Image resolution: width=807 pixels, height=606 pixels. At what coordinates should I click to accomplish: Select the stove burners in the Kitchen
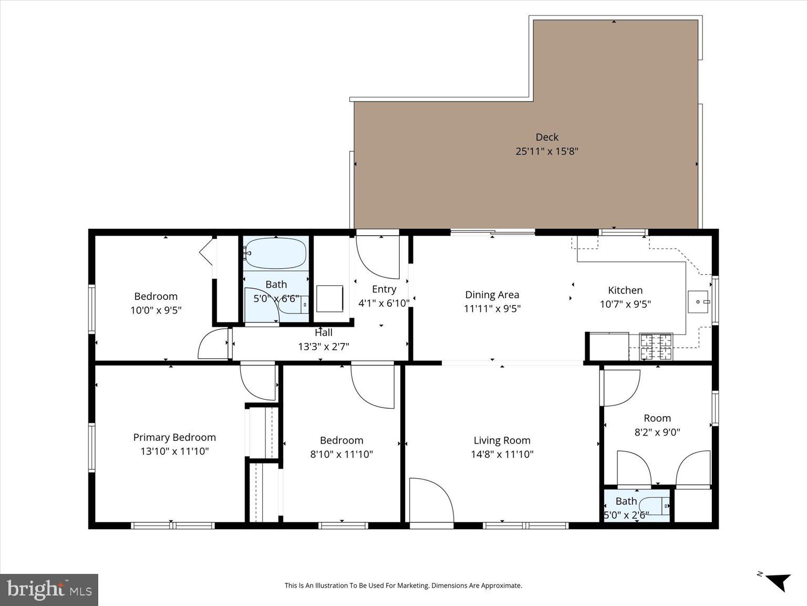(x=656, y=346)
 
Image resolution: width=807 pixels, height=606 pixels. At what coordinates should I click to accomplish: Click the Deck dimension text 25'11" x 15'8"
(x=546, y=151)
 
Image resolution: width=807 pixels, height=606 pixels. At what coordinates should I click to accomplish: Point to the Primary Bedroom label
(x=174, y=437)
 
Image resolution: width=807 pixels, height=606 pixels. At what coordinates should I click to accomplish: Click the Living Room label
(x=502, y=440)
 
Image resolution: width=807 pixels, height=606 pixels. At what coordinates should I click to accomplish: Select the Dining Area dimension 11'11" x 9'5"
(x=492, y=309)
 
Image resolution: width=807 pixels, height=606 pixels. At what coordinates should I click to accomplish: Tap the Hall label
(x=324, y=332)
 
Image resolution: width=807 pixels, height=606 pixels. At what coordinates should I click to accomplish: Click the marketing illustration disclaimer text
(x=403, y=585)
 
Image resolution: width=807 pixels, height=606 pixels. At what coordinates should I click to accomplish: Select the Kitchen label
(x=625, y=290)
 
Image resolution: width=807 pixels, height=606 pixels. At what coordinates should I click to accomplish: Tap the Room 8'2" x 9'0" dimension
(x=657, y=432)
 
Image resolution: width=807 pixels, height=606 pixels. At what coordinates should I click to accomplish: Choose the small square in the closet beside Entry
(x=329, y=299)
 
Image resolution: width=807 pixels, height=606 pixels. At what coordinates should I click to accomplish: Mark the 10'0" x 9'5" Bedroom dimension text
(x=156, y=310)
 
